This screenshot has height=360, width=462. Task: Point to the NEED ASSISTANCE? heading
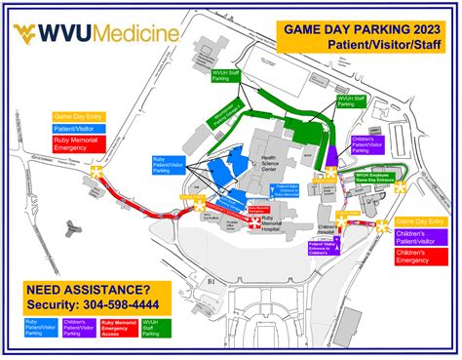[x=89, y=290]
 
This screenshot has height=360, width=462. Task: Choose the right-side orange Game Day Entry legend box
[x=422, y=220]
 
